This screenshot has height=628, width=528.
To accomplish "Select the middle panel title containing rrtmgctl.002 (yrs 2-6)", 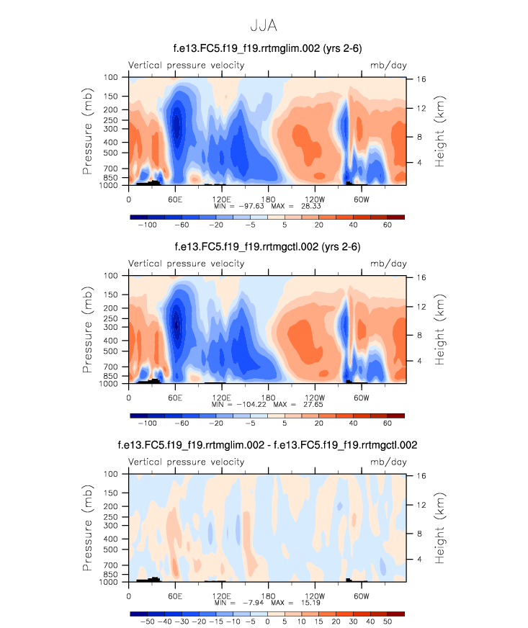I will [x=267, y=248].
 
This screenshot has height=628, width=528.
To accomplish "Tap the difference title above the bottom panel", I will [x=267, y=446].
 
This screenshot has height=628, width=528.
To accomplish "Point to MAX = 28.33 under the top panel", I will [x=294, y=206].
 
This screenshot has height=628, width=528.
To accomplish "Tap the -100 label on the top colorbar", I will [x=148, y=225].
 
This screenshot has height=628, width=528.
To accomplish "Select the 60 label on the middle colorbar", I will [x=387, y=423].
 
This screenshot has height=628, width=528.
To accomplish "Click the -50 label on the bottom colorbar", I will [x=148, y=621].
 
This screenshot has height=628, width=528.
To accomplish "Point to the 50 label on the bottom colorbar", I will [x=387, y=621].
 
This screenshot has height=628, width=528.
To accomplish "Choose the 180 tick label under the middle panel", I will [x=267, y=397].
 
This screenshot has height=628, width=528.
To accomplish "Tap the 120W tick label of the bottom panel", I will [x=314, y=596].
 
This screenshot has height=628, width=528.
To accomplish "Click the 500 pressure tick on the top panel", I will [x=117, y=153].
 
